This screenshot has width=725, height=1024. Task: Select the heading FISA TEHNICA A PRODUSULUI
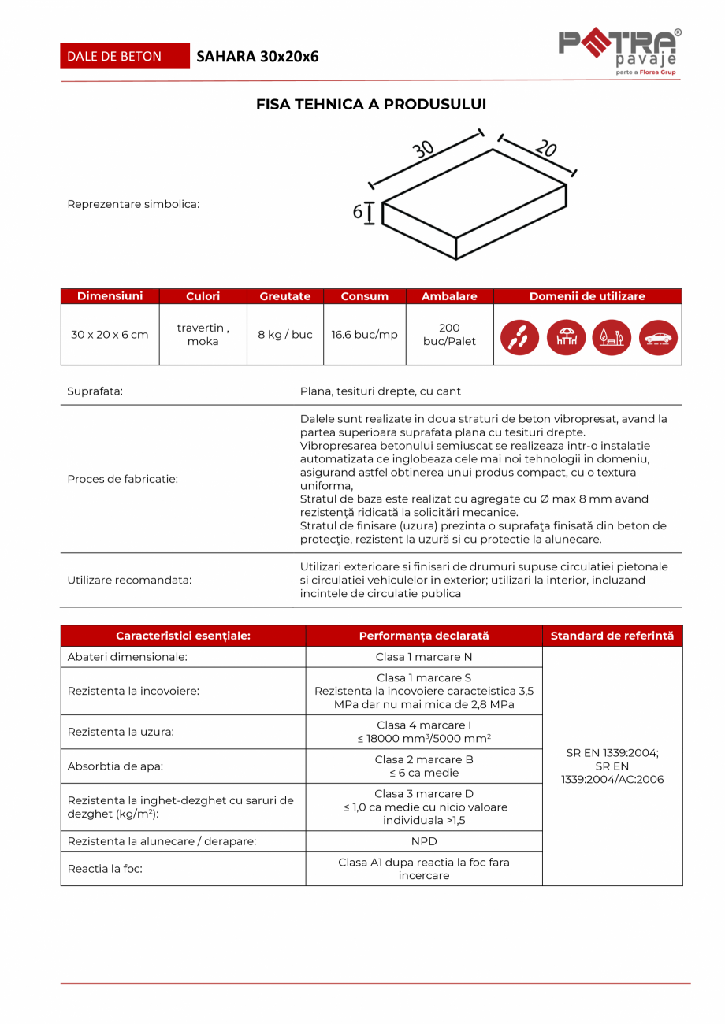click(x=371, y=104)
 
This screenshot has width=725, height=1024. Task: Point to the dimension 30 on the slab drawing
click(x=423, y=148)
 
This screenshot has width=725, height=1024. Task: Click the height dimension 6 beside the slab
click(x=358, y=212)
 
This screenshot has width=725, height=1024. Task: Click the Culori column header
click(x=203, y=296)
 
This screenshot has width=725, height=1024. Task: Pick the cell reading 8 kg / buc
click(x=285, y=335)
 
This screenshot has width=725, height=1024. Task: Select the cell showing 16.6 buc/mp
click(x=364, y=335)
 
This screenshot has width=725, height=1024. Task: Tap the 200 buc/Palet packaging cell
click(x=449, y=335)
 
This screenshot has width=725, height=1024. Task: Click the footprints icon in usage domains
click(x=520, y=338)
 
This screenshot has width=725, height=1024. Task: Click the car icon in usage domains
click(x=658, y=338)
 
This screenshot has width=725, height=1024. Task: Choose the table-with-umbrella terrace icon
click(x=566, y=338)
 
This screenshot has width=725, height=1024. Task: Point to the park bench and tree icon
click(x=612, y=338)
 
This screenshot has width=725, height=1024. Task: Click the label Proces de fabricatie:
click(x=123, y=479)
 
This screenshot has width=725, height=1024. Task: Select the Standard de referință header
click(x=612, y=636)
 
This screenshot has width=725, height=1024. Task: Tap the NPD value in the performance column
click(x=424, y=841)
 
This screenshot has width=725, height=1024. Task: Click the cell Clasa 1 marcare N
click(x=424, y=657)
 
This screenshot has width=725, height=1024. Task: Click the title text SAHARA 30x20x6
click(x=258, y=56)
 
